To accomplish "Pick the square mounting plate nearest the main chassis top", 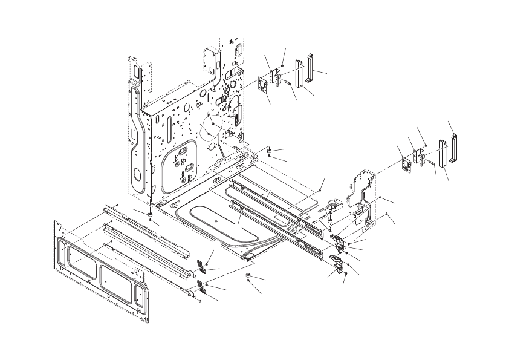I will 264,85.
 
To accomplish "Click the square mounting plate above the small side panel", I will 406,165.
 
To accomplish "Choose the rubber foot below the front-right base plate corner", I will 248,275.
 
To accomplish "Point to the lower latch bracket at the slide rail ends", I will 339,266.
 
